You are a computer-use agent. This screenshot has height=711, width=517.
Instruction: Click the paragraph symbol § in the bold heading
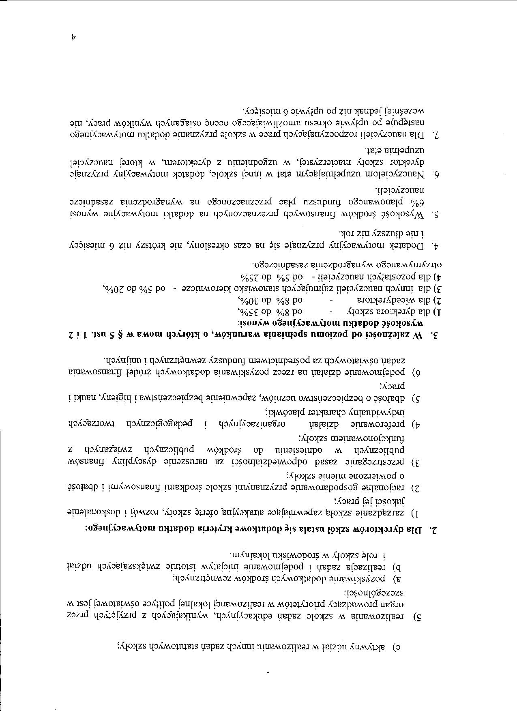pos(123,335)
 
